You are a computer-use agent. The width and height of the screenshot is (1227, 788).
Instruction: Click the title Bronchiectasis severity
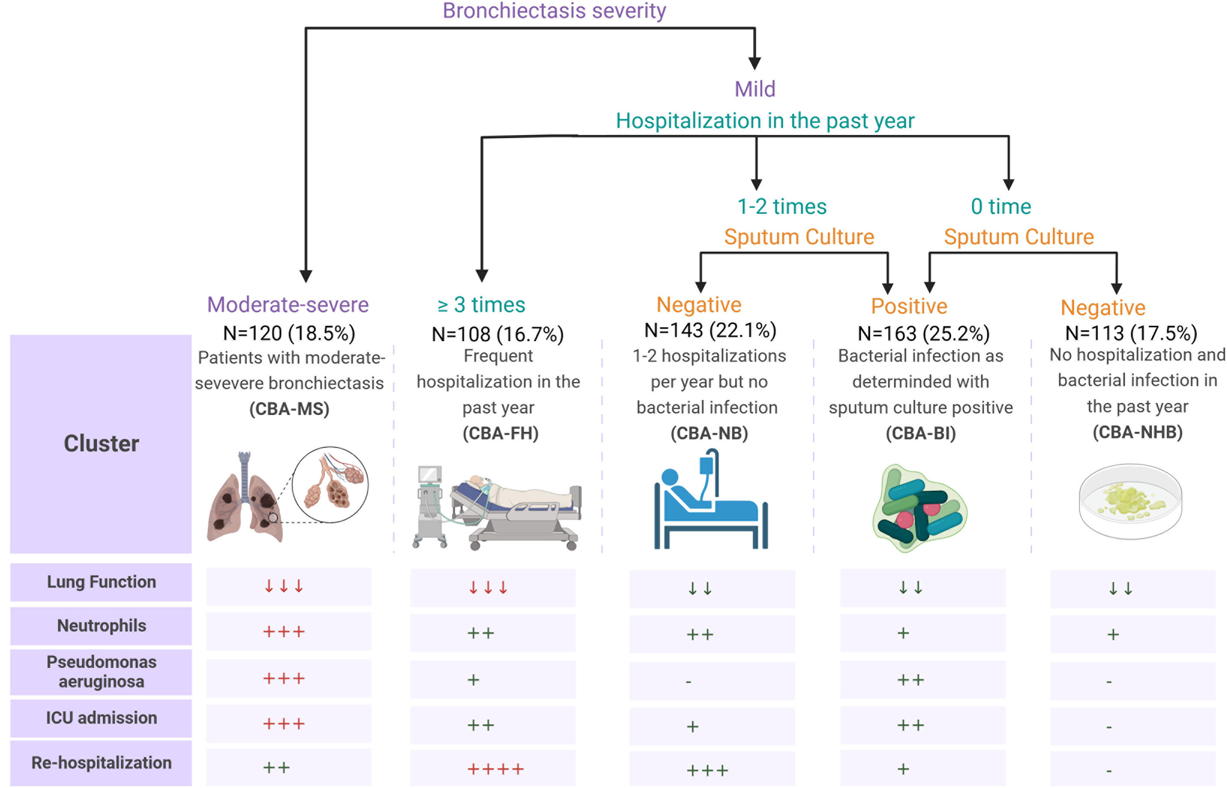[554, 11]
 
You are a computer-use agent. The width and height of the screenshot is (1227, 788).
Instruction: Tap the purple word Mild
[755, 89]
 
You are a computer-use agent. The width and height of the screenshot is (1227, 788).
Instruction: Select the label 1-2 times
[781, 207]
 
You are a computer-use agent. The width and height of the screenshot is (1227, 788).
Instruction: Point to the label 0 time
[1000, 207]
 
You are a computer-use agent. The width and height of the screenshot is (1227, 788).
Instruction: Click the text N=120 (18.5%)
[289, 334]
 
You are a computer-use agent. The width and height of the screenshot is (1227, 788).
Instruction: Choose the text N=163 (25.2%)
[923, 334]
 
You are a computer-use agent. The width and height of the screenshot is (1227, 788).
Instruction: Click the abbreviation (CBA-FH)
[500, 434]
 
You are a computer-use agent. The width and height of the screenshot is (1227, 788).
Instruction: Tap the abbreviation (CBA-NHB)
[1137, 432]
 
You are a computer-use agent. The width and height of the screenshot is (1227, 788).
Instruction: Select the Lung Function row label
[101, 582]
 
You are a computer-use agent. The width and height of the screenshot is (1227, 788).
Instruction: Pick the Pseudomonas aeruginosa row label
[101, 672]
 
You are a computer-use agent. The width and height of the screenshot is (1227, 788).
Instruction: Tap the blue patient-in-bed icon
[710, 501]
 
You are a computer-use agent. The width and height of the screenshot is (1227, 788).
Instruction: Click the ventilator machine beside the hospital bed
[430, 504]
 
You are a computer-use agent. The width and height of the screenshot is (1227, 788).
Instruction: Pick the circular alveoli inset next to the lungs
[330, 484]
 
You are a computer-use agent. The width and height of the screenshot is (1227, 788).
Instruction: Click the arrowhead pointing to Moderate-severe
[306, 276]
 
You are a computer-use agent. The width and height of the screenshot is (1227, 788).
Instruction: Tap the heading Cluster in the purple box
[101, 443]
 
